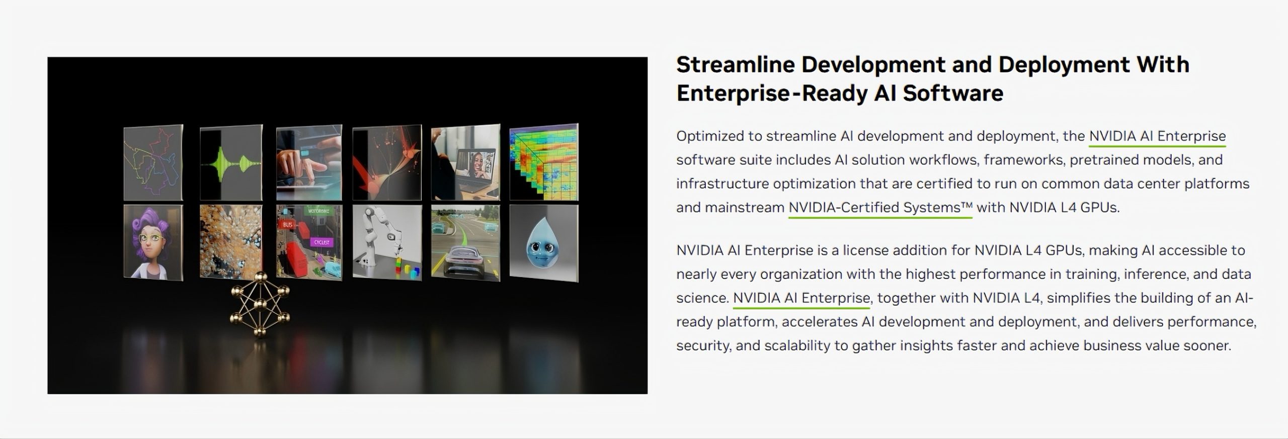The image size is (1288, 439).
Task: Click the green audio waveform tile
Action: (x=231, y=163)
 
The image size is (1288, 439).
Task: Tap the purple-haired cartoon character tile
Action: (x=153, y=242)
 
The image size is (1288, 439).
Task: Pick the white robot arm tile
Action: (x=387, y=242)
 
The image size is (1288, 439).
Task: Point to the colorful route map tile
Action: (x=153, y=163)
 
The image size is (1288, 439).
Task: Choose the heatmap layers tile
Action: (x=544, y=162)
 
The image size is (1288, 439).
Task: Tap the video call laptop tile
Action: (x=465, y=162)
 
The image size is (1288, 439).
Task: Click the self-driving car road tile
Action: (x=465, y=242)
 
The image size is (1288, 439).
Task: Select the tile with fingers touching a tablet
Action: (x=309, y=163)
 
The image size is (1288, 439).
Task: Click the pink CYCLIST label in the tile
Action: (x=321, y=242)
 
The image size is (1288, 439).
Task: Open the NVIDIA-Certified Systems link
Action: (x=880, y=208)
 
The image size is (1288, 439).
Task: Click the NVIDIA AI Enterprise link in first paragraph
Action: (x=1157, y=136)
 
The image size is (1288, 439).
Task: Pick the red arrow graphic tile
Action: (x=387, y=163)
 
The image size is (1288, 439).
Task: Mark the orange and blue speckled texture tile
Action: (x=231, y=242)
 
